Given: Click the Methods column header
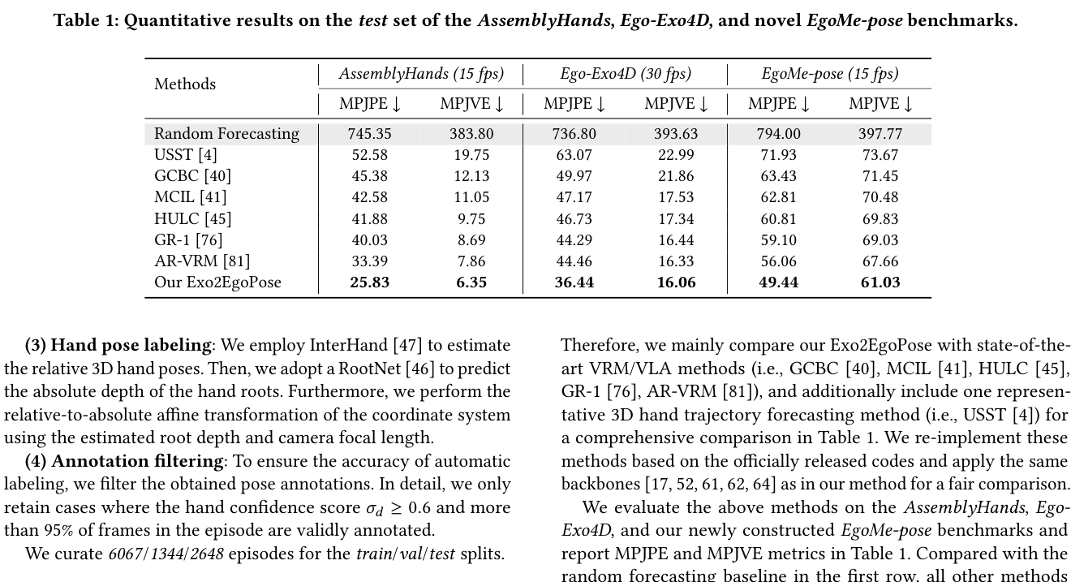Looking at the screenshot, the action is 184,84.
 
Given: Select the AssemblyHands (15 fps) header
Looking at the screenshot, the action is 421,74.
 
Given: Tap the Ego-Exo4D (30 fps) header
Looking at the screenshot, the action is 626,74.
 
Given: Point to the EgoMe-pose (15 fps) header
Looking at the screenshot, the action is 829,74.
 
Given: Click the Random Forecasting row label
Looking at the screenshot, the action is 226,133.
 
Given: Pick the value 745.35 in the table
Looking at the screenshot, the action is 370,134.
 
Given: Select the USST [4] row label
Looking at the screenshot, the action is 186,155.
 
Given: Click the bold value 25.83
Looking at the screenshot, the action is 370,282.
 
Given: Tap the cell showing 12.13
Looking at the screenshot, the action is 471,176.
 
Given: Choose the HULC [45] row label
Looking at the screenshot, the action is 192,218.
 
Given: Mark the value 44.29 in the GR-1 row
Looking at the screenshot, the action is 574,240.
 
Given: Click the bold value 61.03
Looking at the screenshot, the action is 880,282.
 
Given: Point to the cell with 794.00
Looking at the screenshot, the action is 778,134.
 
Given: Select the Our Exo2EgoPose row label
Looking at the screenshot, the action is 217,282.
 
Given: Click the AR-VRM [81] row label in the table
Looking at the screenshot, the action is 202,261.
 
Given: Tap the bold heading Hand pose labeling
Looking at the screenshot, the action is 131,345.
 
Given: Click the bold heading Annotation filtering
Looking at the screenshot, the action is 137,461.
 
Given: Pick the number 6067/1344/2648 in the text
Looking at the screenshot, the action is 166,554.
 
